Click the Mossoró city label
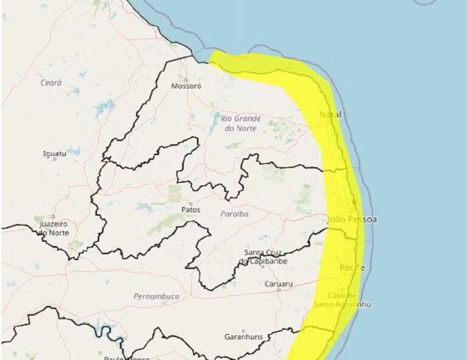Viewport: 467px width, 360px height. click(x=186, y=86)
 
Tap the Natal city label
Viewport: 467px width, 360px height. click(x=330, y=114)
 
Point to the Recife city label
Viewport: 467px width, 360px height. click(x=351, y=268)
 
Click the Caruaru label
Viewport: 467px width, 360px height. click(x=279, y=283)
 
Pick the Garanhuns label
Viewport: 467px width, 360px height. click(x=243, y=336)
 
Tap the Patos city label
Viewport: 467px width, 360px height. click(x=191, y=210)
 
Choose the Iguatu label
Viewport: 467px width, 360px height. click(x=55, y=153)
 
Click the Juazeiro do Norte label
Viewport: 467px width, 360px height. click(x=54, y=229)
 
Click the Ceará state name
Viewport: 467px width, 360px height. click(x=51, y=83)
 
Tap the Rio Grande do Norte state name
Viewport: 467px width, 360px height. click(x=241, y=123)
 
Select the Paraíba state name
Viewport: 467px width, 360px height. click(x=234, y=214)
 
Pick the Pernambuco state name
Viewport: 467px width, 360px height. click(x=156, y=296)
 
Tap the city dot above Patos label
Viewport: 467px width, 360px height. click(x=191, y=204)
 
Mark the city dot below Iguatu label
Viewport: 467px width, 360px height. click(x=56, y=159)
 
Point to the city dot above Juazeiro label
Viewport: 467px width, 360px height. click(x=53, y=217)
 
